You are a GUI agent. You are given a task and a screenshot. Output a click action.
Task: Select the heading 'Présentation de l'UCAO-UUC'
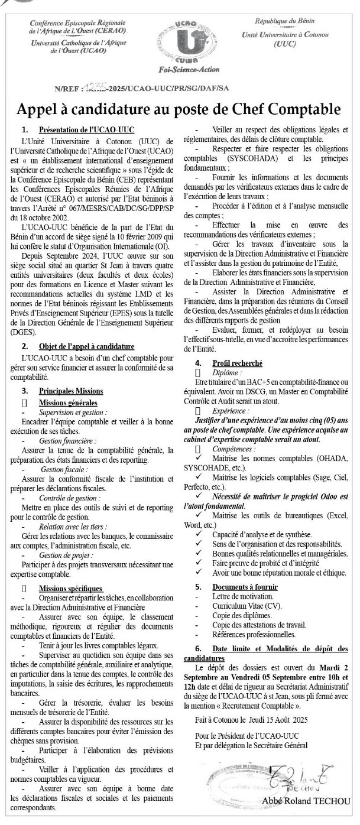86,129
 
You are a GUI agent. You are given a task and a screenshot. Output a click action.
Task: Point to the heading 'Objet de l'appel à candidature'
86,346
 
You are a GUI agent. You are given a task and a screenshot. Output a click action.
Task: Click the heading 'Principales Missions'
71,391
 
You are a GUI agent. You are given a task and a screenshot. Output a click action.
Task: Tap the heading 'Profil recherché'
238,363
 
